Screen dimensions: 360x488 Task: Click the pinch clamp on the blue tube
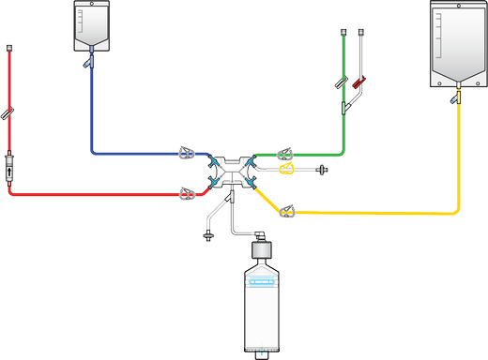point(188,150)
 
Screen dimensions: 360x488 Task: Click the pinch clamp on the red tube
point(188,194)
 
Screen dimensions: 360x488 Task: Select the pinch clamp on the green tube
point(282,150)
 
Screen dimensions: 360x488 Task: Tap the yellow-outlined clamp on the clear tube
point(287,170)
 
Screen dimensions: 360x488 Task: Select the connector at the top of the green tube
point(344,36)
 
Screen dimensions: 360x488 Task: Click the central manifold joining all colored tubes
point(231,171)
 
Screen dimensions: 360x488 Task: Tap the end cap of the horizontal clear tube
point(325,170)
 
